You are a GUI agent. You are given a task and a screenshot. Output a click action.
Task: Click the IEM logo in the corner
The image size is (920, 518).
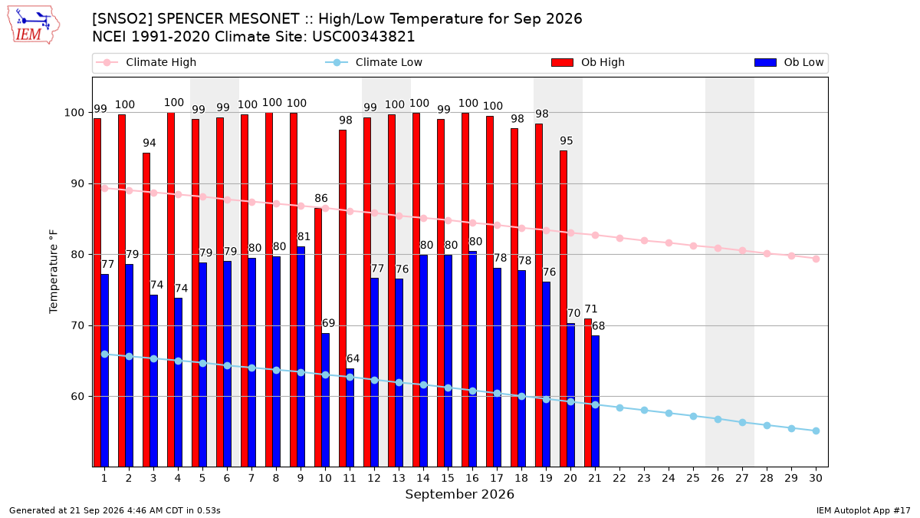point(34,25)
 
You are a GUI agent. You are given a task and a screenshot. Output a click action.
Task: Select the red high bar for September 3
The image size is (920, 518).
point(146,310)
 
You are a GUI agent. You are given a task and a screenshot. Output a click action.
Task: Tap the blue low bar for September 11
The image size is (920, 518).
point(350,417)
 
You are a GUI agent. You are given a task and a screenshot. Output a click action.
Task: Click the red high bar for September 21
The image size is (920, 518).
point(588,393)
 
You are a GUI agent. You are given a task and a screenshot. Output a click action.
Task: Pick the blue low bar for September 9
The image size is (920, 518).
point(301,357)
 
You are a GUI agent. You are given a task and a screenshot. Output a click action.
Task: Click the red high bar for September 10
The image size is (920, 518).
point(318,338)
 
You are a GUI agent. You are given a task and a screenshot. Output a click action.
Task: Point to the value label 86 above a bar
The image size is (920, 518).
point(321,198)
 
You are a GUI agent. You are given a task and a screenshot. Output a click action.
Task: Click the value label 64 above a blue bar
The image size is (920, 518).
point(353,358)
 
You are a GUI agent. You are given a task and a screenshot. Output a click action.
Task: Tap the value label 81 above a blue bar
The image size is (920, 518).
point(304,236)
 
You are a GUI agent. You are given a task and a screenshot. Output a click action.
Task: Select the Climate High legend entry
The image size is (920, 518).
point(146,62)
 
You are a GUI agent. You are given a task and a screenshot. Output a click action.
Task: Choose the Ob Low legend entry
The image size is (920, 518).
point(789,62)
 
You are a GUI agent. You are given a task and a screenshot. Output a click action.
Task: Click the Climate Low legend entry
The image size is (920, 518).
point(374,62)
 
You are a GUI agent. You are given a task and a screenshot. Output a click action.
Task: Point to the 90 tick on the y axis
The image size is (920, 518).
point(77,183)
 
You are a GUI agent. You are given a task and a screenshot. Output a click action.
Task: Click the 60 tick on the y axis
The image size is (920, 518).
point(77,397)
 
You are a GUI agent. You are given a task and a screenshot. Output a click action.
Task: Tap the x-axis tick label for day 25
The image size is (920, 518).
point(693,478)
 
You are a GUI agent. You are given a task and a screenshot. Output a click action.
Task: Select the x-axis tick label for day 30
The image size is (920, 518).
point(816,478)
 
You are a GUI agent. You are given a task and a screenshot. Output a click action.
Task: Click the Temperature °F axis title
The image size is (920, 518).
point(54,272)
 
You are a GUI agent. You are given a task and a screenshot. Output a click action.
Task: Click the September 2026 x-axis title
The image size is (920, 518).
point(459,494)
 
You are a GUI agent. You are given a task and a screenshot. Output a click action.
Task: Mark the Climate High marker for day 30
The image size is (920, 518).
point(816,259)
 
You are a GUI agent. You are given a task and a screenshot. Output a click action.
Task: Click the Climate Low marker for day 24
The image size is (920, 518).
point(669,413)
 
